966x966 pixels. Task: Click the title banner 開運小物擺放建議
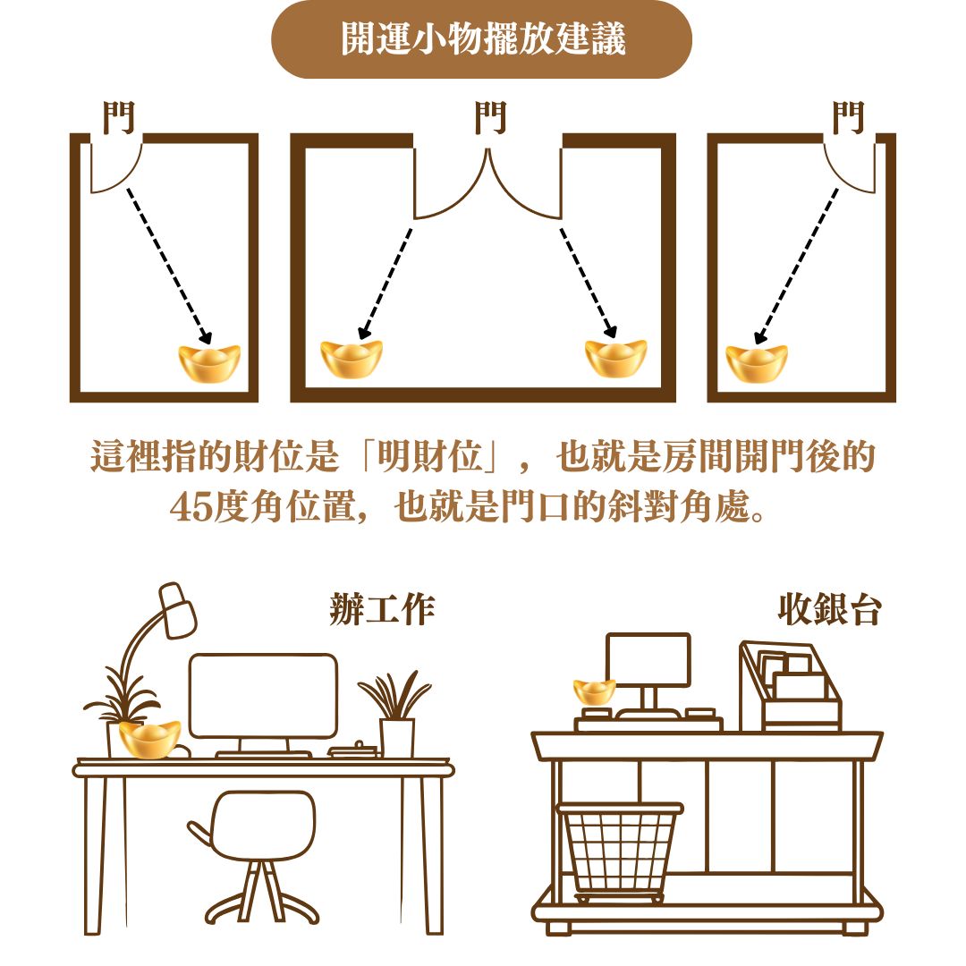point(482,38)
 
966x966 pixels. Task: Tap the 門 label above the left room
point(118,117)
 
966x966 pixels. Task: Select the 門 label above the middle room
point(490,117)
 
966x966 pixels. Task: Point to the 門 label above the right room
point(848,117)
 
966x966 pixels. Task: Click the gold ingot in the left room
point(208,363)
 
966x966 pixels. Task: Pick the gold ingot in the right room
point(757,363)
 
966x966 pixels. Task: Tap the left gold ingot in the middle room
point(352,359)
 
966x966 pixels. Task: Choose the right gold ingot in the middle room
point(616,359)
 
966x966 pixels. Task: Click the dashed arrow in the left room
point(169,266)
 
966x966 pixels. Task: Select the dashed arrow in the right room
point(796,266)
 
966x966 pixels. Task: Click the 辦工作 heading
point(382,609)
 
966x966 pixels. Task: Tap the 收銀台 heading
point(829,609)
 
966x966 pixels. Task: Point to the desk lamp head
point(177,610)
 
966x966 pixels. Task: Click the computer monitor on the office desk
point(264,696)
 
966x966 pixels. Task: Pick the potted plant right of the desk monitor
point(396,715)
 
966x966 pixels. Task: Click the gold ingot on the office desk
point(149,740)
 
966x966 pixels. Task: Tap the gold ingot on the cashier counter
point(595,691)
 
